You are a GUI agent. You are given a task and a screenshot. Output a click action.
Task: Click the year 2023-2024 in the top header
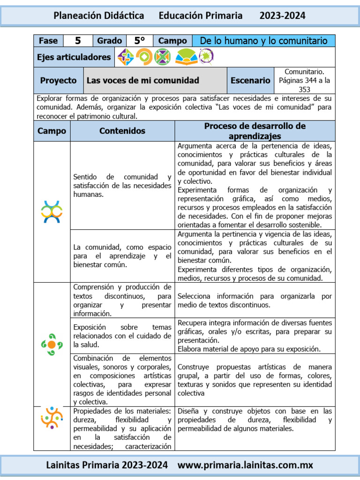[x=282, y=15]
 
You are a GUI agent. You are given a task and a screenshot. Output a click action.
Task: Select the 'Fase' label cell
[x=48, y=41]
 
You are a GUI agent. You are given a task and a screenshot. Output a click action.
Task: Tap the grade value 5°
[x=139, y=41]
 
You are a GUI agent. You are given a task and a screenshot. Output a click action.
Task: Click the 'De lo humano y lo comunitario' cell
[x=263, y=41]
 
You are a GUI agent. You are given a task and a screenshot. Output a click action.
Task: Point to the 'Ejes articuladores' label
[x=74, y=57]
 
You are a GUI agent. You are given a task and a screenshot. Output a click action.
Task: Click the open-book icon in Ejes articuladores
[x=186, y=57]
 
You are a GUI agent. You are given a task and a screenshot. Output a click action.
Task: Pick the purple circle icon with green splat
[x=206, y=57]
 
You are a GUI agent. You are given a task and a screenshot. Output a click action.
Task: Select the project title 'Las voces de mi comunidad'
[x=143, y=80]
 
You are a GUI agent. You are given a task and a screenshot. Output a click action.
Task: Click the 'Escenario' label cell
[x=250, y=80]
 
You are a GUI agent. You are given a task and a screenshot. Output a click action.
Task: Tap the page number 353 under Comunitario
[x=304, y=89]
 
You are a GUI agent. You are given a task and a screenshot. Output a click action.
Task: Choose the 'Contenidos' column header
[x=122, y=131]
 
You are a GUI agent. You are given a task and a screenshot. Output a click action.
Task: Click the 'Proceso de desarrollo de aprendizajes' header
[x=255, y=131]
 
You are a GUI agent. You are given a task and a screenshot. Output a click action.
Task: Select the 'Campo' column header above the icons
[x=52, y=131]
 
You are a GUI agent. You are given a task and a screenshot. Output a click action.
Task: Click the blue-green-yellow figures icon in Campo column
[x=52, y=211]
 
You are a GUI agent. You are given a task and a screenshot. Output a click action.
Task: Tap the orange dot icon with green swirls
[x=52, y=345]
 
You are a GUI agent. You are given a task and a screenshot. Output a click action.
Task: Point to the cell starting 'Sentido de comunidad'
[x=122, y=186]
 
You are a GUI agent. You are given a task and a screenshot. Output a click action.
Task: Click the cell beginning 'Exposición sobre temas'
[x=122, y=336]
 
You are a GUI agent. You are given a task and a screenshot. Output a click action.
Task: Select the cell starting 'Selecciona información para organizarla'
[x=255, y=300]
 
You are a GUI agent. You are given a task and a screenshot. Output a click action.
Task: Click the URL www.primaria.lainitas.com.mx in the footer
[x=245, y=465]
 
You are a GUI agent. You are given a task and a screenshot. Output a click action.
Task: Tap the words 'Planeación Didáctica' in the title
[x=99, y=15]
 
